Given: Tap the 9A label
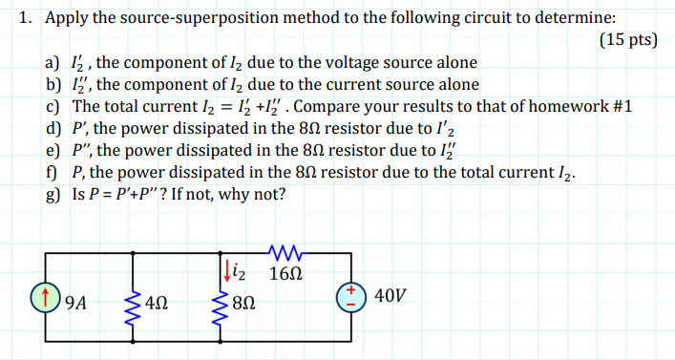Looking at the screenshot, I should (74, 305).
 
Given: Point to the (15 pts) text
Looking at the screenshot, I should (629, 41).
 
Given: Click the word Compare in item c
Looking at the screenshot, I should (359, 106).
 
